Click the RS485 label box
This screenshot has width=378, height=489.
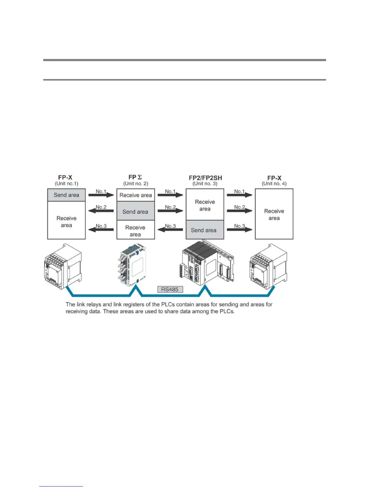(170, 290)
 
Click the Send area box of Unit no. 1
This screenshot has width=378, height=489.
(66, 195)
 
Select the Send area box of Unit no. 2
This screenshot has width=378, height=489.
(136, 211)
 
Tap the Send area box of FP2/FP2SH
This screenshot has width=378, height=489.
(205, 230)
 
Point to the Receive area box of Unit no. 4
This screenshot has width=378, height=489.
(274, 214)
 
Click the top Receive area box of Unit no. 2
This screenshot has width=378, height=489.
(136, 195)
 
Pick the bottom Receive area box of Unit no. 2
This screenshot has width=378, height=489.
(136, 230)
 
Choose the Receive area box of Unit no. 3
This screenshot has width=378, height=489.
(205, 205)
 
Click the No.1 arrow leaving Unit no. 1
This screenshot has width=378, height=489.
(101, 195)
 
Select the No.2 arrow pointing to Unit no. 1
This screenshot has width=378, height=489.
(101, 211)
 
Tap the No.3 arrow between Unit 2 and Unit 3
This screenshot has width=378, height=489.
(170, 229)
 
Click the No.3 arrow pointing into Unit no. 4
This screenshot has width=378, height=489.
(239, 229)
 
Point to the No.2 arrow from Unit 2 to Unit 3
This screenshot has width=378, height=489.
(170, 211)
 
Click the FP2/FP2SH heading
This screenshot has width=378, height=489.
(205, 178)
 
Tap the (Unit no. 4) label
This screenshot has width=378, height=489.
(274, 184)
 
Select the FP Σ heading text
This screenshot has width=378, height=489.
(135, 177)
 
